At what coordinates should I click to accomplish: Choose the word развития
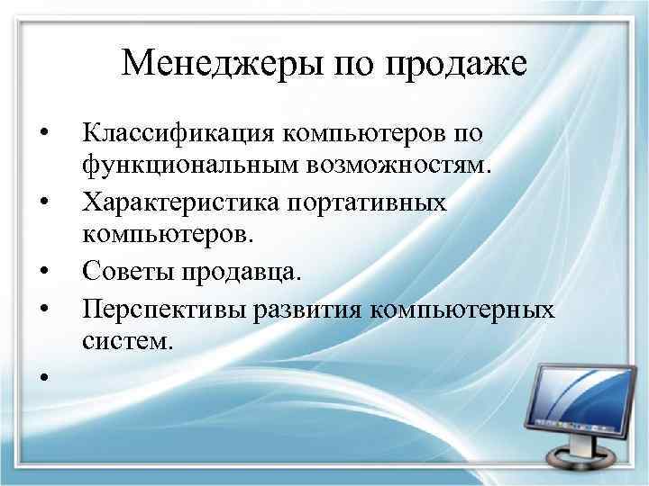pos(297,309)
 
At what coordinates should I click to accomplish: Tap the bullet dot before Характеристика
pos(42,203)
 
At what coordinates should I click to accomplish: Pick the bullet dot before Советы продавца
pos(42,270)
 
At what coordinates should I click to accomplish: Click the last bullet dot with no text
pos(42,378)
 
